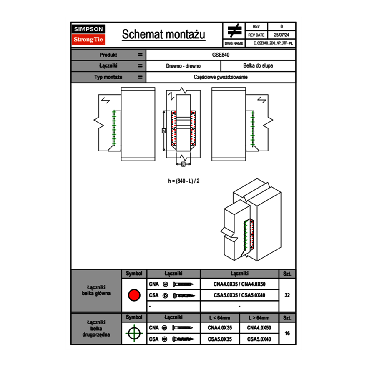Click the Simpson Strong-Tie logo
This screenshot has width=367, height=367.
coord(89,35)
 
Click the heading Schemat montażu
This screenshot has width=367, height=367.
coord(163,35)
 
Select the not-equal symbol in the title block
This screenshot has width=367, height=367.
coord(234,30)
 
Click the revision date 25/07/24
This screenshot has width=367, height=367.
coord(282,35)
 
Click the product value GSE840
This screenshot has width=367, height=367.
coord(221,55)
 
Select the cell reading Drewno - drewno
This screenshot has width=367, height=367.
coord(183,66)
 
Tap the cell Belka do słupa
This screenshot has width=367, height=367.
coord(258,66)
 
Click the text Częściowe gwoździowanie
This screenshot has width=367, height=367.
coord(221,77)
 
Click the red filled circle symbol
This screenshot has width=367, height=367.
coord(134,295)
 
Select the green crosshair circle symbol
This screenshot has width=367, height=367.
coord(134,334)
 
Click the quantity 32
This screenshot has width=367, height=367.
coord(287,295)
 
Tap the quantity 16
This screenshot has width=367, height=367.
coord(287,334)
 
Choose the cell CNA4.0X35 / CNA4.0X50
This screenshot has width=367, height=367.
coord(239,284)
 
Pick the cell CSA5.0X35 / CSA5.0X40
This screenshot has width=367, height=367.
coord(239,295)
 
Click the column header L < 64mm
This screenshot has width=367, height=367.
coord(220,318)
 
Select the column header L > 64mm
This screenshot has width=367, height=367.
coord(259,318)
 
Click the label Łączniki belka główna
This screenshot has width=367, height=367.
coord(96,290)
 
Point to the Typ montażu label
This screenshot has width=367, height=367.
coord(108,77)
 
